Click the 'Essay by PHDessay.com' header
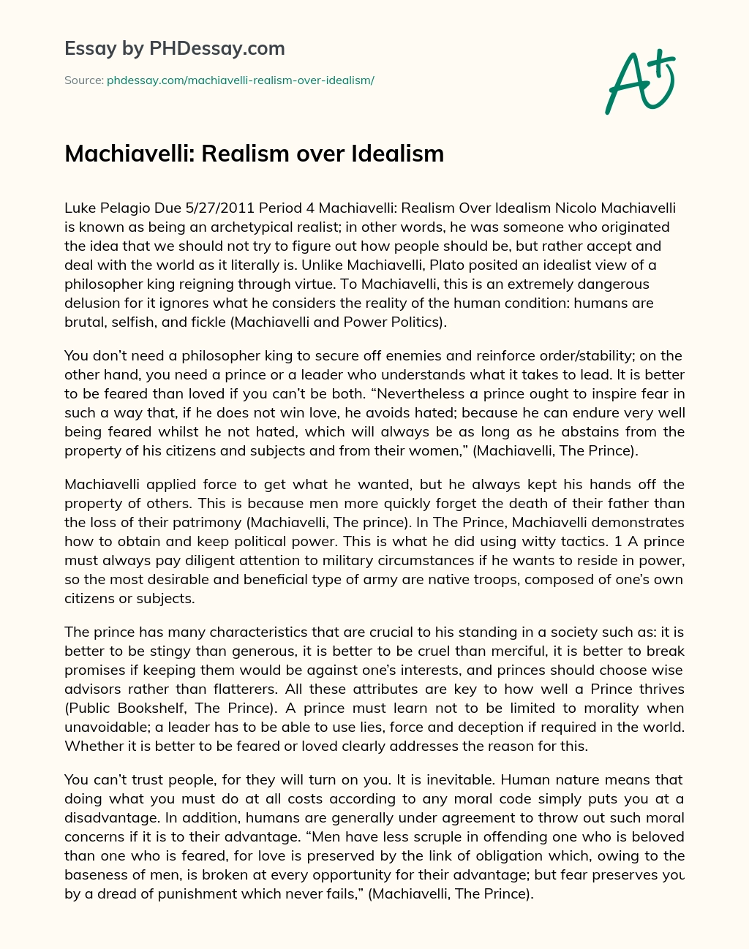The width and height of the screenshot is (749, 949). coord(174,49)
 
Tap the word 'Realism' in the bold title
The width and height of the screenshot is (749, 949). coord(242,154)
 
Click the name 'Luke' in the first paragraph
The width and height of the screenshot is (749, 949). coord(80,208)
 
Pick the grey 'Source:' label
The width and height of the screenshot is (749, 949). coord(83,80)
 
